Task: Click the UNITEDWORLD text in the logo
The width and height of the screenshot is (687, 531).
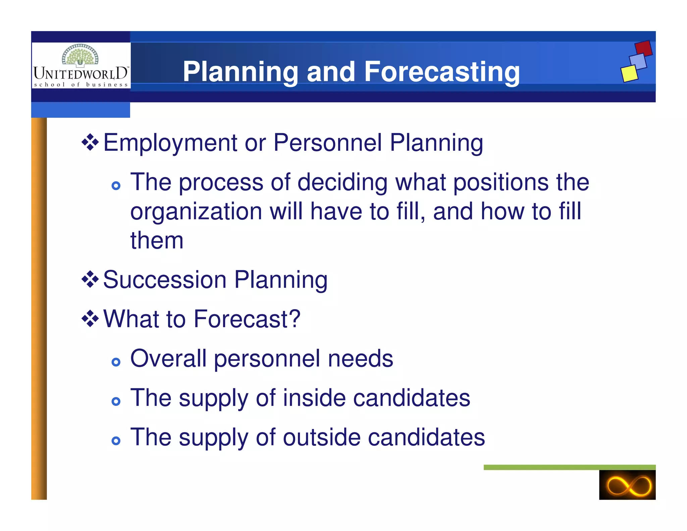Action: point(81,73)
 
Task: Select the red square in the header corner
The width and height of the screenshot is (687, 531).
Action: point(643,48)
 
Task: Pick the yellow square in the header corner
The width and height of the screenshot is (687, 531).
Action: point(629,73)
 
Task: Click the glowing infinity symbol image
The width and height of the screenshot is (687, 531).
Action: point(627,485)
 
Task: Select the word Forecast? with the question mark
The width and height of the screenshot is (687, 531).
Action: point(247,319)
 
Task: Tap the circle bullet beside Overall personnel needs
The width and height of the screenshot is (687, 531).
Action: point(116,362)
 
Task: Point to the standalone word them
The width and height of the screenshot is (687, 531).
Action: point(157,241)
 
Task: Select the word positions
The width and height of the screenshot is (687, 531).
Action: point(501,183)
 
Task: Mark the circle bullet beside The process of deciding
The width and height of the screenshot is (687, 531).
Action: point(116,186)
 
